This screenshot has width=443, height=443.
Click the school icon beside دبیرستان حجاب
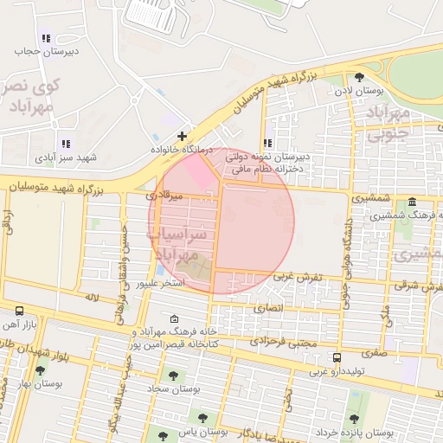tap(45, 39)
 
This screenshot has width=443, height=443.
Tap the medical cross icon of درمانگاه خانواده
tap(182, 136)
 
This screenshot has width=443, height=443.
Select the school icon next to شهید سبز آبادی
tap(64, 144)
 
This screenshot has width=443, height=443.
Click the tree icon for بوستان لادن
tap(360, 77)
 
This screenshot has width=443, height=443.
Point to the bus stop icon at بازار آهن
tap(19, 310)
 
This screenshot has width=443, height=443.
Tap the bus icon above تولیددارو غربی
tap(337, 356)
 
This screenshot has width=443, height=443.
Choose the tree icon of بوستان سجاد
tap(174, 376)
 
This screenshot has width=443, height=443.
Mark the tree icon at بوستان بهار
tap(39, 370)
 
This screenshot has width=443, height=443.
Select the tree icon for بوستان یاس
tap(202, 416)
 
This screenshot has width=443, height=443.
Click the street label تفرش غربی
tap(298, 277)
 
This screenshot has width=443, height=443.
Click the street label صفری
tap(375, 352)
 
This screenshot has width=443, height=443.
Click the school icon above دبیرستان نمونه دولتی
tap(267, 143)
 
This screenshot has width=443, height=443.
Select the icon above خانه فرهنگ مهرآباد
tap(176, 318)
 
